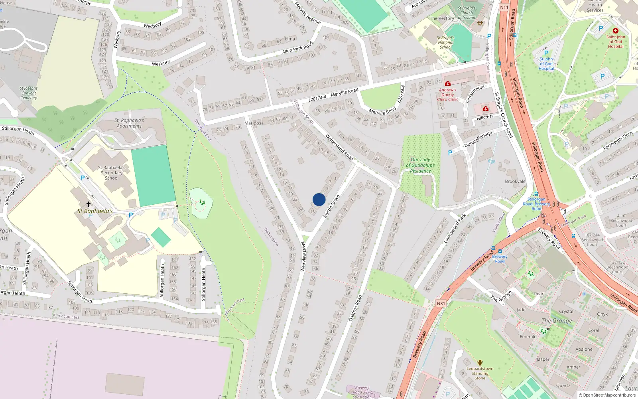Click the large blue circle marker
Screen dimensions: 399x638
pos(319,199)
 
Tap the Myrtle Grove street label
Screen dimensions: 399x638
pos(331,206)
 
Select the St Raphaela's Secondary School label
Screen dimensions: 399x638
pos(112,173)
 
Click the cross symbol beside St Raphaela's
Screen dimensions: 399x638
pos(89,204)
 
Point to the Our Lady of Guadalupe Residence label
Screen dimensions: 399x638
pos(420,165)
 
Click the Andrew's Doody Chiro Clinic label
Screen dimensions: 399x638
pos(447,95)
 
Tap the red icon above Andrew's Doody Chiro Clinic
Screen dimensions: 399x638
pos(448,83)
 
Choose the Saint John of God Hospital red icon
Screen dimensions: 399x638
pos(616,31)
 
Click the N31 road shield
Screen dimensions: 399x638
pos(441,304)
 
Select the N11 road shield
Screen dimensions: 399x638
pos(504,7)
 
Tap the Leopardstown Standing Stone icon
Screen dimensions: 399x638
pos(480,363)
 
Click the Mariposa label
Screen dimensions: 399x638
pos(254,123)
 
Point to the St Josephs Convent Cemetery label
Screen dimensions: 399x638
pos(29,93)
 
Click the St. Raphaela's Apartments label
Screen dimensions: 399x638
pos(129,123)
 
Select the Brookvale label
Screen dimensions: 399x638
pos(515,182)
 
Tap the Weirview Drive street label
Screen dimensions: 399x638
pos(303,257)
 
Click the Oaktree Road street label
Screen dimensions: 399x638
pos(355,308)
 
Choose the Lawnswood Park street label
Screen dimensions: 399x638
pos(455,228)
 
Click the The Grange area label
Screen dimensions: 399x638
pos(557,320)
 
